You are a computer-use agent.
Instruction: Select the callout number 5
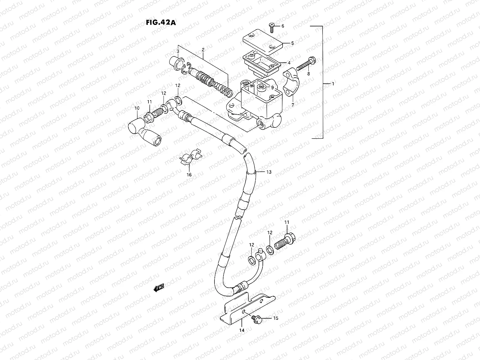(x=292, y=43)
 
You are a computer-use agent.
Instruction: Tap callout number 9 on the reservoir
(x=272, y=88)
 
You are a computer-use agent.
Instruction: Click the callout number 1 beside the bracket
(x=333, y=84)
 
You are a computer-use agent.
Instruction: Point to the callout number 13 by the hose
(x=269, y=172)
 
